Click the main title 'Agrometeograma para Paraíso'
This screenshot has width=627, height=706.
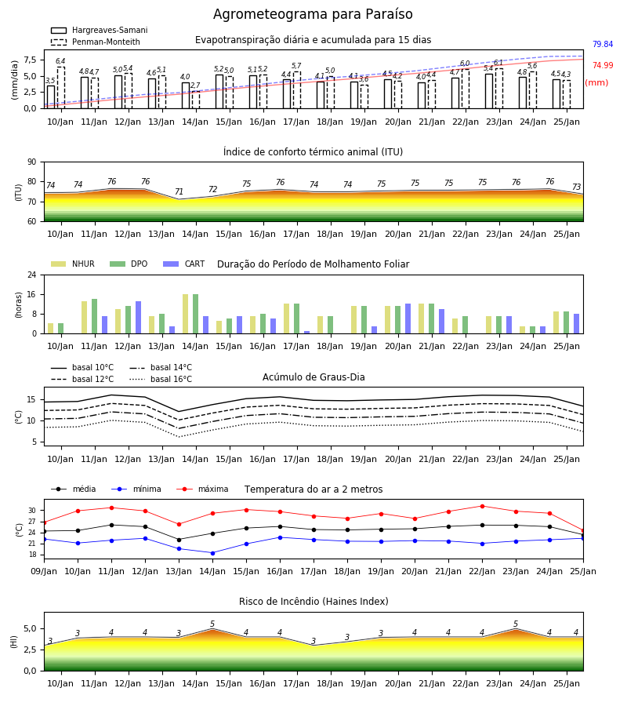(313, 14)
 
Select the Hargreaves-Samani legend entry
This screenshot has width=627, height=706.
(99, 30)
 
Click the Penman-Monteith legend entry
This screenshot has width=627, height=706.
(96, 42)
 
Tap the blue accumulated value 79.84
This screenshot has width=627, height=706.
(603, 44)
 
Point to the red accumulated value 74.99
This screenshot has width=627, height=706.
(603, 65)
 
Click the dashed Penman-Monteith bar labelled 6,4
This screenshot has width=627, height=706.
(60, 88)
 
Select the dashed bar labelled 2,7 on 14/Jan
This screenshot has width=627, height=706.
(196, 100)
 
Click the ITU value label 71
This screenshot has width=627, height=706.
(179, 192)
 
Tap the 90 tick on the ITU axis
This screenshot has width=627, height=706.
(32, 162)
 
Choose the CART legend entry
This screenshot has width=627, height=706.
(184, 264)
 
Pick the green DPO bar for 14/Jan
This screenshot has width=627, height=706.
(196, 314)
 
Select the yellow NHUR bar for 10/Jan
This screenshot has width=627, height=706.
(51, 328)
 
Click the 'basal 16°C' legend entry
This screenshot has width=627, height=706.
(161, 379)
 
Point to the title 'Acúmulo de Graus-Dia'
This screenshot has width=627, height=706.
(313, 377)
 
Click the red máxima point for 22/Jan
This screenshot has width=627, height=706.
(482, 506)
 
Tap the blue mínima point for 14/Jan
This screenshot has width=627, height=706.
(212, 553)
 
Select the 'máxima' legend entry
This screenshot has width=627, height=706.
(202, 489)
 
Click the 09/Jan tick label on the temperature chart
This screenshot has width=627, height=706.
(44, 571)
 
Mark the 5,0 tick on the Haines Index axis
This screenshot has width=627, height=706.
(31, 628)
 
